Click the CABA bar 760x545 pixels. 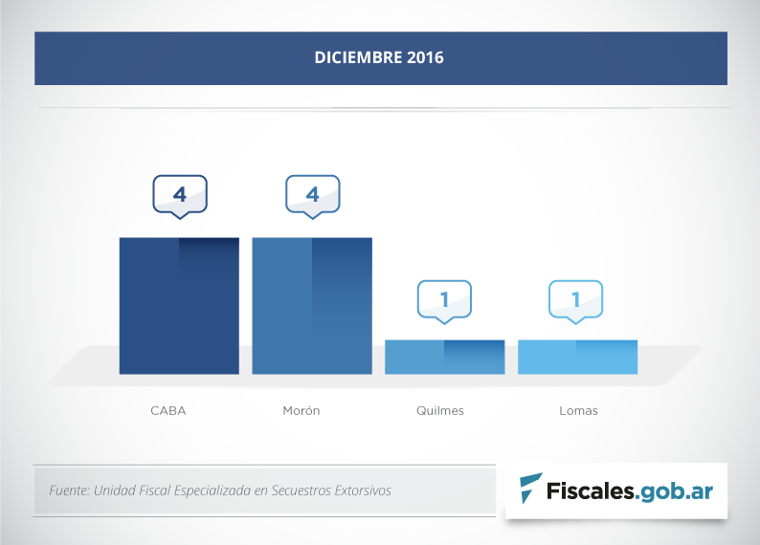[x=179, y=305]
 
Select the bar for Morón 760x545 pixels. [x=312, y=305]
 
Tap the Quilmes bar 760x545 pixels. [x=444, y=357]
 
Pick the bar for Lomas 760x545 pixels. [x=577, y=357]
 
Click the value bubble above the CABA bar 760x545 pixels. [x=180, y=195]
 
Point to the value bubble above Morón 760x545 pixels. [x=313, y=195]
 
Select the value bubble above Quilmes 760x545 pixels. [x=444, y=299]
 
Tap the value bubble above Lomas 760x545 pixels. [x=576, y=299]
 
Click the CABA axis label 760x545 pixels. [x=168, y=411]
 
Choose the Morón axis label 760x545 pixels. [x=302, y=411]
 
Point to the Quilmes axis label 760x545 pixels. [x=440, y=411]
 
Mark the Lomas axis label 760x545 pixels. [x=578, y=411]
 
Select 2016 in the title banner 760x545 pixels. [x=425, y=58]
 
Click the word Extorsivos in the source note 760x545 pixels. [x=363, y=490]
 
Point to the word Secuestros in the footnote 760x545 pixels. [x=300, y=490]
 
